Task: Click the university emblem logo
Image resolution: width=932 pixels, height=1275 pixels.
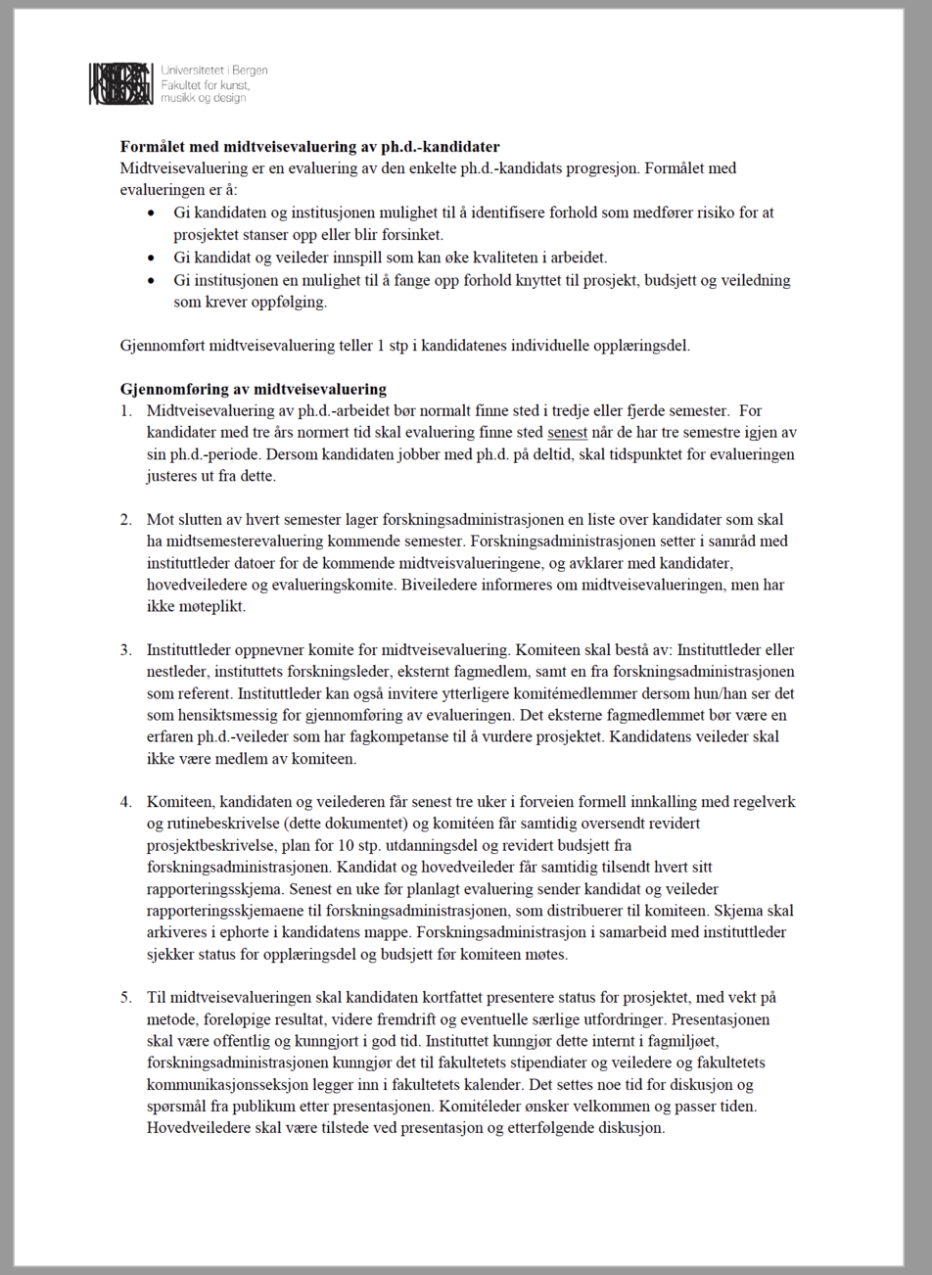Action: click(120, 84)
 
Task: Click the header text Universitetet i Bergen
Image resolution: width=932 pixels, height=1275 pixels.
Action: click(213, 71)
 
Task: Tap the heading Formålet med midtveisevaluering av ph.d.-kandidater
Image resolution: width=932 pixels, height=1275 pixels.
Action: click(309, 147)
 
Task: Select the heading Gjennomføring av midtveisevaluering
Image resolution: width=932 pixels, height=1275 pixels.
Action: click(253, 389)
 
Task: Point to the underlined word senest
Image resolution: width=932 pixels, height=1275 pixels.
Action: click(567, 433)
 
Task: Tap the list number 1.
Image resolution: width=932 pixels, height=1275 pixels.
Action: click(125, 411)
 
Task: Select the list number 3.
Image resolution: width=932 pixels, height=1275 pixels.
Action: click(125, 650)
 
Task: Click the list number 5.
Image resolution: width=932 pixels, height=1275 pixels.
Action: click(125, 998)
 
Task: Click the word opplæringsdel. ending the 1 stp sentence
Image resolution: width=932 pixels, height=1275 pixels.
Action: click(644, 346)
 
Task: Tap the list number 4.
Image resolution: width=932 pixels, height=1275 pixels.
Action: click(125, 802)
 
